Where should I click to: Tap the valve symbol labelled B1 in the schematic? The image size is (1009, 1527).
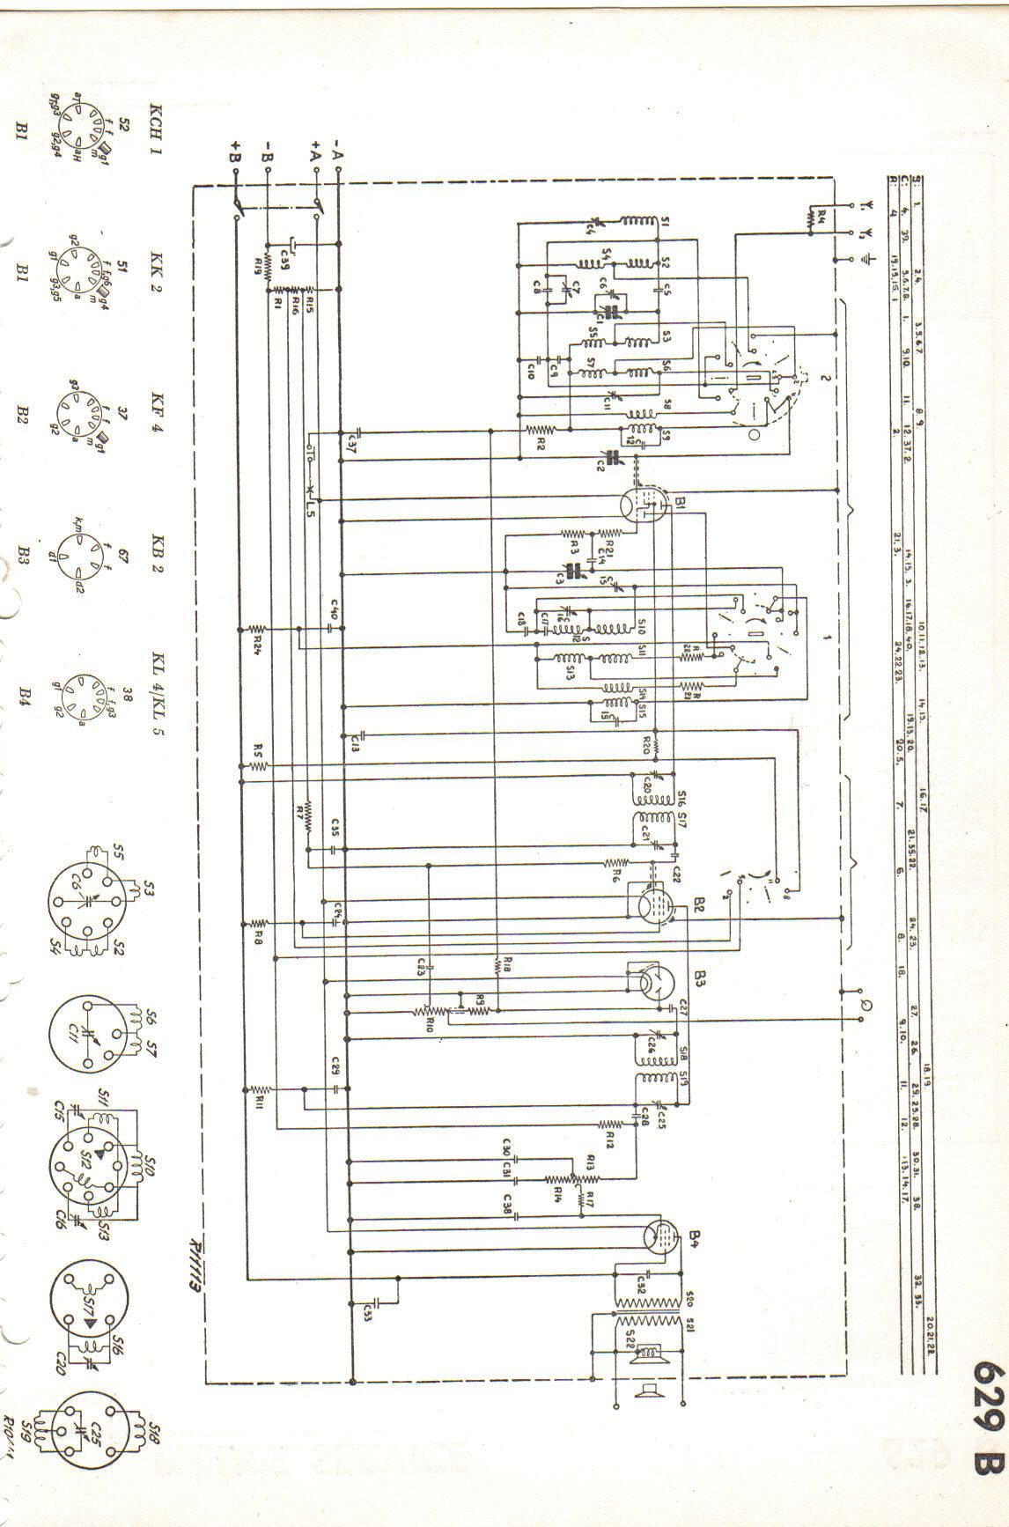[640, 503]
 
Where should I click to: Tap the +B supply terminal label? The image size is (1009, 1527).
[236, 151]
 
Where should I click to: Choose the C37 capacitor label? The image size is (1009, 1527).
[351, 446]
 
